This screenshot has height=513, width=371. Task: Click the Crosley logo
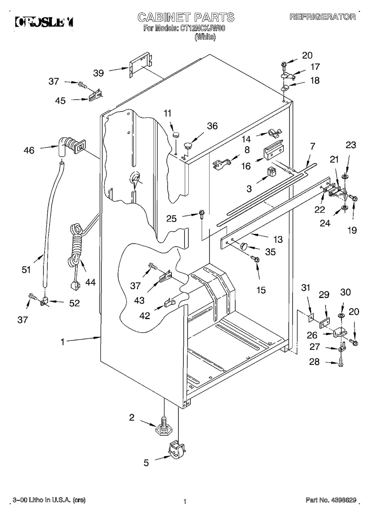pyautogui.click(x=44, y=23)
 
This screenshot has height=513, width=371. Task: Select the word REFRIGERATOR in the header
pyautogui.click(x=323, y=17)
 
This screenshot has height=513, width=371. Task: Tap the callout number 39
pyautogui.click(x=98, y=73)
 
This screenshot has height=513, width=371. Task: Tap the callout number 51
pyautogui.click(x=26, y=270)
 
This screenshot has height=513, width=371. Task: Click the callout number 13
pyautogui.click(x=278, y=239)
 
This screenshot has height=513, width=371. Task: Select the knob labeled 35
pyautogui.click(x=243, y=246)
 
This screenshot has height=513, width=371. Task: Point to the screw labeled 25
pyautogui.click(x=201, y=215)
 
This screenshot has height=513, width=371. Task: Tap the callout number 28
pyautogui.click(x=314, y=362)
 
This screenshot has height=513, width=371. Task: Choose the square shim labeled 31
pyautogui.click(x=311, y=317)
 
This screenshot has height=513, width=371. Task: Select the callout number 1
pyautogui.click(x=63, y=342)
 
